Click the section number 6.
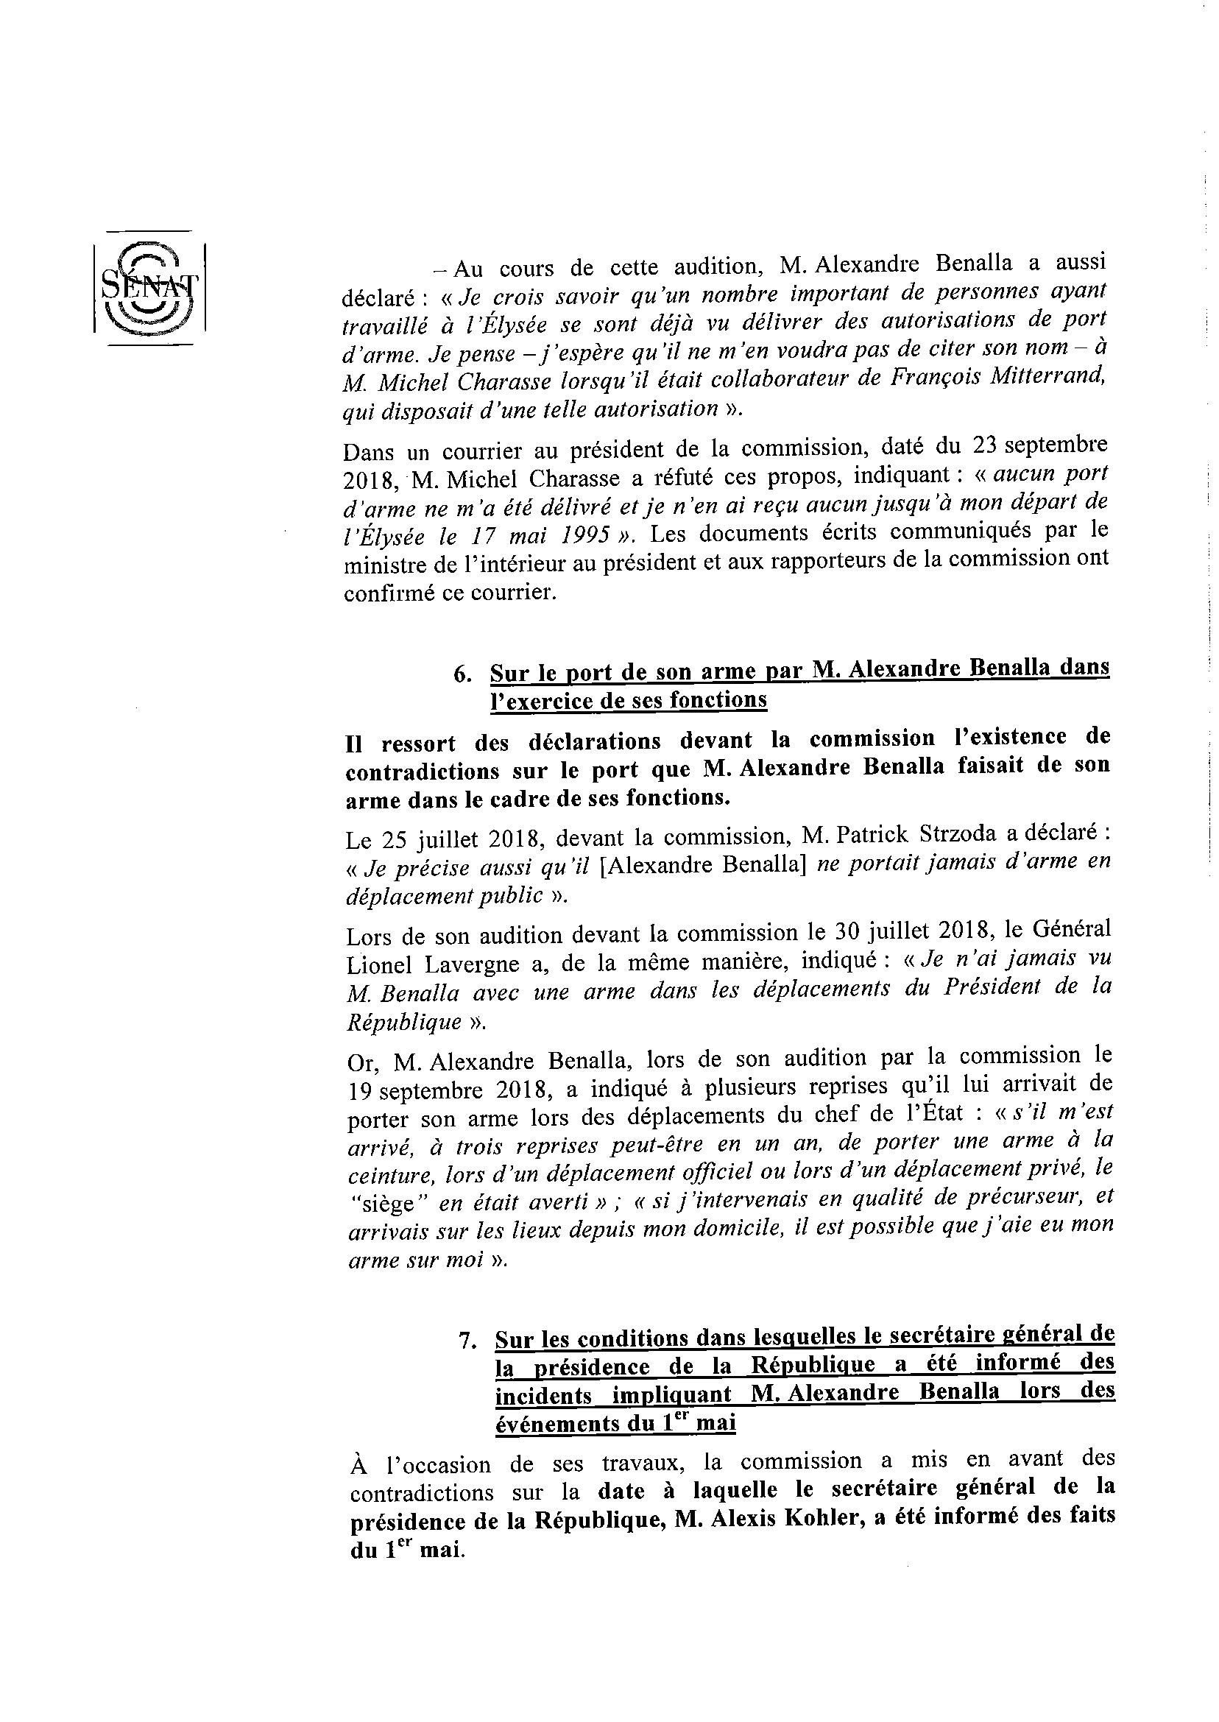[x=462, y=674]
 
